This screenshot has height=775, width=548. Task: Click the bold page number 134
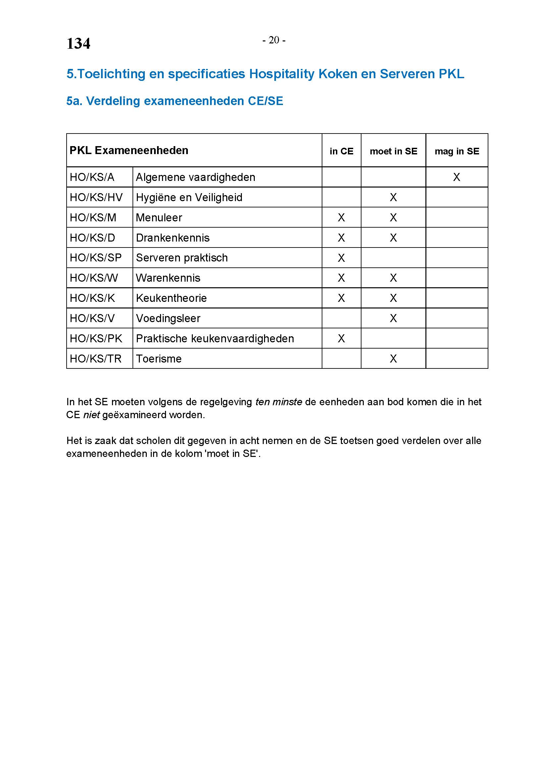[78, 43]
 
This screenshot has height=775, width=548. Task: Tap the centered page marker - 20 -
[274, 40]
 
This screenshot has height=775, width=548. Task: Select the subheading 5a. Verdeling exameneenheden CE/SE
[175, 101]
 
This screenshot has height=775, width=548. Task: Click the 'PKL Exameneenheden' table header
[129, 150]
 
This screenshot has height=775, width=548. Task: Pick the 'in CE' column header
[342, 151]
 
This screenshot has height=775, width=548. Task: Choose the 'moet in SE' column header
[394, 151]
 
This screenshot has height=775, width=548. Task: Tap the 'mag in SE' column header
[457, 151]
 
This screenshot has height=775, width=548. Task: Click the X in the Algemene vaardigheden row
[457, 177]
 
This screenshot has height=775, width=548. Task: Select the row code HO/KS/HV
[96, 197]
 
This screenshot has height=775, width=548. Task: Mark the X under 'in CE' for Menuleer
[342, 218]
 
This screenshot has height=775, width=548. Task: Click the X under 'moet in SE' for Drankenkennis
[394, 238]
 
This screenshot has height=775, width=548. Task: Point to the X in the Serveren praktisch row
[342, 258]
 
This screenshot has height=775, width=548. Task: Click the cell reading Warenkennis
[168, 278]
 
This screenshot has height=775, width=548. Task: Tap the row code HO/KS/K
[92, 298]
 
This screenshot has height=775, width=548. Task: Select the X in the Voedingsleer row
[394, 318]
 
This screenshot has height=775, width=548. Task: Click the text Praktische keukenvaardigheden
[215, 339]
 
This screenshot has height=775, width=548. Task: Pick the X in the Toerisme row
[394, 359]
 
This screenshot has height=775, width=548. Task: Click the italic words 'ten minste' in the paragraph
[278, 402]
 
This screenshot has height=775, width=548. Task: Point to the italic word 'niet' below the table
[91, 415]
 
